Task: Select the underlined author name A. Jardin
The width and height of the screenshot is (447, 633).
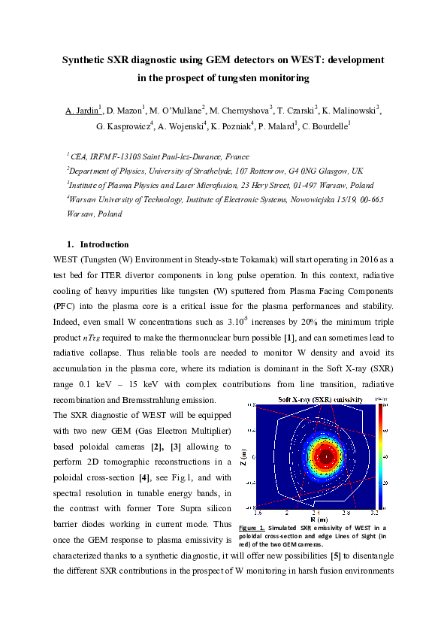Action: [83, 111]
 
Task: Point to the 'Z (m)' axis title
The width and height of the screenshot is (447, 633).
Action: [243, 456]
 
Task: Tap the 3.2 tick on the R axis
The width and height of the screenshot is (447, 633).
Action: [373, 512]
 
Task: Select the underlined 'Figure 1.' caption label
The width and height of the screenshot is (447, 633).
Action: [252, 527]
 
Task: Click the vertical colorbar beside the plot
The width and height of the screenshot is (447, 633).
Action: [382, 456]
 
